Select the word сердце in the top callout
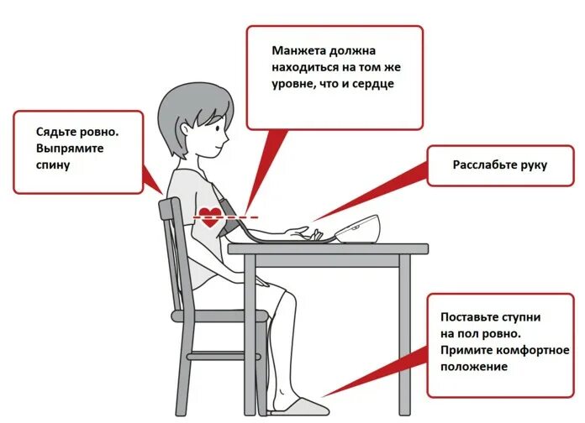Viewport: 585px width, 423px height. pos(373,84)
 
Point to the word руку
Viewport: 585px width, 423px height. pos(534,164)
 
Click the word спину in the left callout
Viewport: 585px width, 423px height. pos(53,166)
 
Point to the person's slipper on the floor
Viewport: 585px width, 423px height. pos(294,409)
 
